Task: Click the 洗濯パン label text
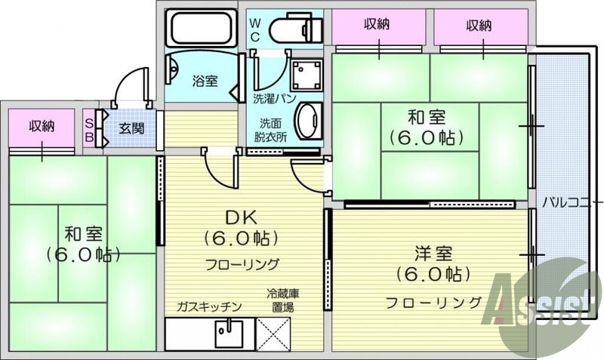coord(274,99)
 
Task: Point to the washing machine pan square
coord(307,74)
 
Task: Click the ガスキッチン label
coord(208,306)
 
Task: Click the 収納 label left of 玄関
coord(42,126)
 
